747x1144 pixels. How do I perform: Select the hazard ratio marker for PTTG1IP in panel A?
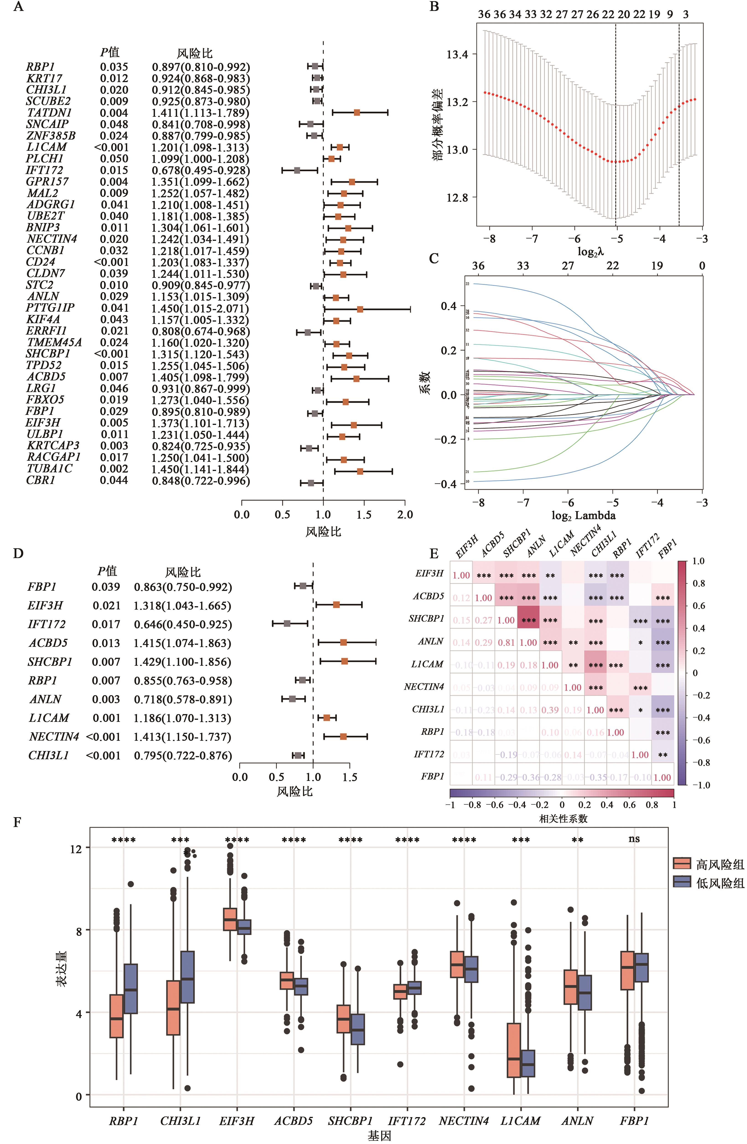pos(360,309)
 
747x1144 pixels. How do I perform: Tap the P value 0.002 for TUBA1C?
pos(114,469)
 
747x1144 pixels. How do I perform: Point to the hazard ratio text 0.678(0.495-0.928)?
pos(201,171)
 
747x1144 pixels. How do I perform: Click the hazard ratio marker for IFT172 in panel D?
pos(287,624)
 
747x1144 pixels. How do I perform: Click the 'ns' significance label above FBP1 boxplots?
pos(634,839)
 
